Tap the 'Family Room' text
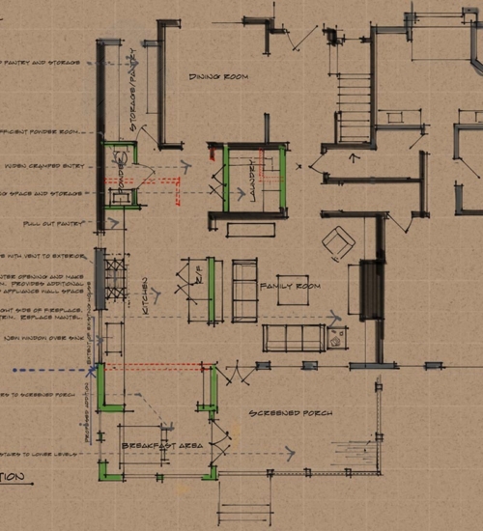pyautogui.click(x=290, y=287)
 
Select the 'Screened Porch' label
pyautogui.click(x=290, y=412)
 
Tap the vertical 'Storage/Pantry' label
pyautogui.click(x=134, y=97)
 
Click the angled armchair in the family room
pyautogui.click(x=338, y=241)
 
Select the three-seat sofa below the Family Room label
pyautogui.click(x=294, y=338)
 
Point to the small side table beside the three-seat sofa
pyautogui.click(x=337, y=338)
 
